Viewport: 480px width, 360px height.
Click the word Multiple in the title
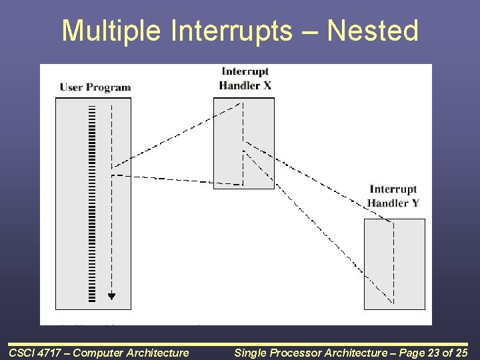tap(111, 31)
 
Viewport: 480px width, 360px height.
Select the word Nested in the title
tap(373, 30)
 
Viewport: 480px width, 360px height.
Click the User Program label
tap(95, 87)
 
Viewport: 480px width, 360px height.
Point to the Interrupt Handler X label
tap(245, 79)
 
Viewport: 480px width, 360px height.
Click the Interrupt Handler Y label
tap(393, 196)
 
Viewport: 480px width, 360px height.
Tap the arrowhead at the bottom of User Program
tap(111, 296)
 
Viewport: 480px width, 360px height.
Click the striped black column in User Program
tap(92, 204)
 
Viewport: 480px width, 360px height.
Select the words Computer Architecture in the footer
tap(131, 353)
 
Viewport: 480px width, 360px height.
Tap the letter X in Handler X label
tap(267, 85)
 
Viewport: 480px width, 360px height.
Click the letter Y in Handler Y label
tap(415, 203)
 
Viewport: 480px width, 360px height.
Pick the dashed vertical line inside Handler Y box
tap(394, 263)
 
